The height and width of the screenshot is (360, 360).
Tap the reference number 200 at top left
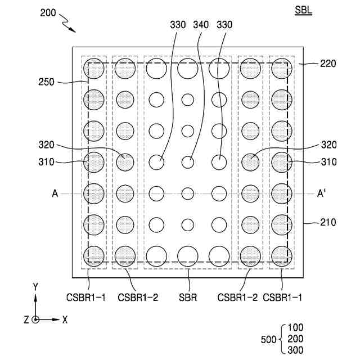click(x=48, y=13)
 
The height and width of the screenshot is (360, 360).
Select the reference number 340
click(x=201, y=25)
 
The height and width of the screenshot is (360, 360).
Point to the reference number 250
click(x=47, y=82)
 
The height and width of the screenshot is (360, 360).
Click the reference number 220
click(x=328, y=64)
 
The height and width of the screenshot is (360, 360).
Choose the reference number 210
click(x=328, y=223)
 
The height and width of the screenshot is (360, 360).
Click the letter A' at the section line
click(x=322, y=193)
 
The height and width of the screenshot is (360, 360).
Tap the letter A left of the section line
click(x=55, y=193)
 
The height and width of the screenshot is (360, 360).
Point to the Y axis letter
click(x=35, y=287)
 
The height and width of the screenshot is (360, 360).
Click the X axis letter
click(x=65, y=319)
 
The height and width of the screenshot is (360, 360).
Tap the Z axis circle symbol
click(x=35, y=319)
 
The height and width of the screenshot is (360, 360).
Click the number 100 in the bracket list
click(x=295, y=327)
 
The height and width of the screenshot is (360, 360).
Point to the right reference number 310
click(x=328, y=162)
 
